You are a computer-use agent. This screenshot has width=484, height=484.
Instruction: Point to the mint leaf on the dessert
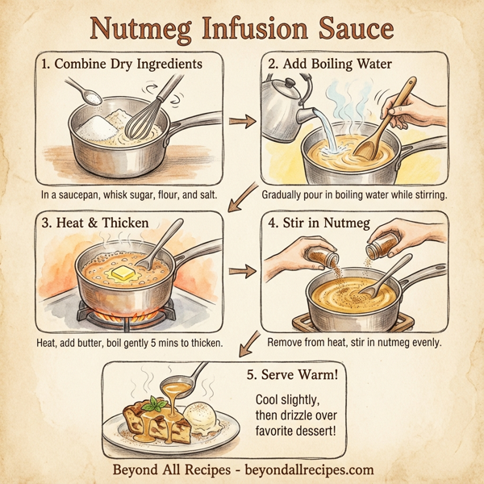pos(156,402)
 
